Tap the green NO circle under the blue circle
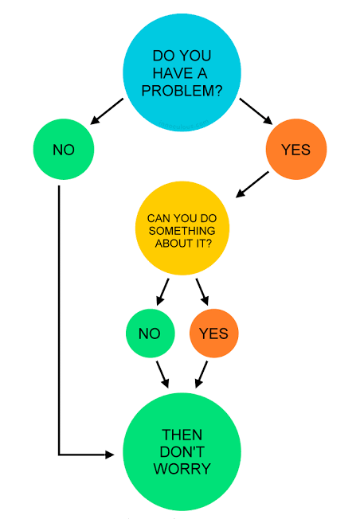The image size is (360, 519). [x=64, y=149]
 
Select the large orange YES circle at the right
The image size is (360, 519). [x=296, y=149]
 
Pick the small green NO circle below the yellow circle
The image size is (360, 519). [x=149, y=333]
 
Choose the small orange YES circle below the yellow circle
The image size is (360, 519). [x=213, y=333]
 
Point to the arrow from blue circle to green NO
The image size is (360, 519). [x=107, y=111]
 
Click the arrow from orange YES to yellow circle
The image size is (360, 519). [x=252, y=185]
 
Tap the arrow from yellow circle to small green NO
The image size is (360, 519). [x=163, y=291]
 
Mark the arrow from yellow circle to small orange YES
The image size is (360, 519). [x=202, y=291]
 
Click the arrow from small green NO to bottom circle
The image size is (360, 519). [x=162, y=373]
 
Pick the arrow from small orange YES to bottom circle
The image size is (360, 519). [x=202, y=374]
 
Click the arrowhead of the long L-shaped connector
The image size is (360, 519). [x=110, y=455]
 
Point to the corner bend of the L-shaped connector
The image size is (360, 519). [x=59, y=455]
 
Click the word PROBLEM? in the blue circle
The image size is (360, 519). [x=182, y=90]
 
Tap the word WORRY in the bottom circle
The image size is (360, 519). [x=182, y=469]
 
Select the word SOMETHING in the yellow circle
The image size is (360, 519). [x=183, y=229]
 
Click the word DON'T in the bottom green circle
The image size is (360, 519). [x=182, y=451]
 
